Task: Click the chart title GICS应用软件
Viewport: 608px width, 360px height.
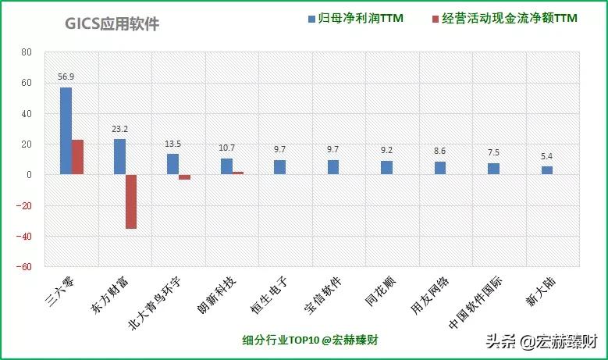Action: pyautogui.click(x=112, y=25)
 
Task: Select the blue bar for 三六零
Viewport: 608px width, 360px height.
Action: pyautogui.click(x=66, y=131)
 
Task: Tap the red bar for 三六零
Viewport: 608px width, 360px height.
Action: pyautogui.click(x=78, y=157)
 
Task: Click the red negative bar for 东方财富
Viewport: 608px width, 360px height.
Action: pyautogui.click(x=131, y=201)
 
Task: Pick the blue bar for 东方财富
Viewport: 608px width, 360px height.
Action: pyautogui.click(x=119, y=157)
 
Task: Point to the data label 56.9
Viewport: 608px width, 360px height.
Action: pyautogui.click(x=66, y=77)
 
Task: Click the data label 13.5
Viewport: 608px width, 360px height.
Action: pyautogui.click(x=173, y=144)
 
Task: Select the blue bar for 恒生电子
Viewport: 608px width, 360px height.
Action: pyautogui.click(x=279, y=167)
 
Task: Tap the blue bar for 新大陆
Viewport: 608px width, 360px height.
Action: pyautogui.click(x=546, y=170)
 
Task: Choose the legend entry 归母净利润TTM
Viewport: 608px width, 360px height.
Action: pyautogui.click(x=355, y=17)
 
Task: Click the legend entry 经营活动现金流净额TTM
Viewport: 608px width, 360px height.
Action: pyautogui.click(x=508, y=17)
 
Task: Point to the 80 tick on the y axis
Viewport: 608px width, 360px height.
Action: pyautogui.click(x=27, y=53)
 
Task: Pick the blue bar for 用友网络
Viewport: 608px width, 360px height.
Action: pyautogui.click(x=439, y=168)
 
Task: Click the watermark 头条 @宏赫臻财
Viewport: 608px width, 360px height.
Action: pyautogui.click(x=541, y=341)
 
